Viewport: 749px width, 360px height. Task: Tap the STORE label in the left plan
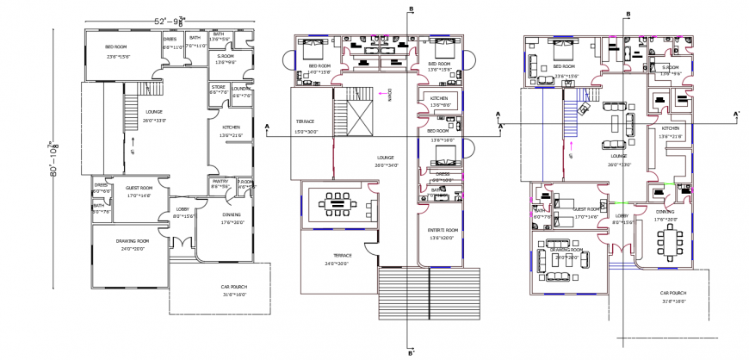pyautogui.click(x=218, y=87)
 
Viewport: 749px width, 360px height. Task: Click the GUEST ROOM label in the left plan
pyautogui.click(x=139, y=187)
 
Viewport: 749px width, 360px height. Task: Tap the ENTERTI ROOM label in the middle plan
pyautogui.click(x=442, y=230)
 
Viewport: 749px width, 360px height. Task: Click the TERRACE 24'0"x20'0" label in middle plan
pyautogui.click(x=343, y=256)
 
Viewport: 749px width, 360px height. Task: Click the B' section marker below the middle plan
pyautogui.click(x=412, y=352)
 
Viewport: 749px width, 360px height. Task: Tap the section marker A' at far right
pyautogui.click(x=735, y=114)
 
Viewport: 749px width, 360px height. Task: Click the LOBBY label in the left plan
pyautogui.click(x=183, y=210)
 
